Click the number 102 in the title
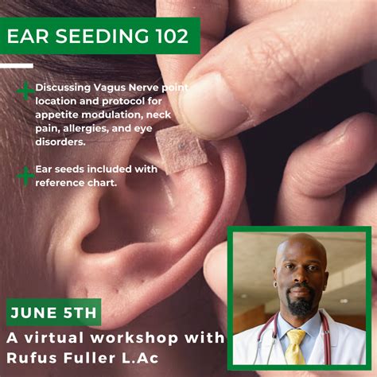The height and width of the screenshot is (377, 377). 166,37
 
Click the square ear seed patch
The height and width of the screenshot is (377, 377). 181,146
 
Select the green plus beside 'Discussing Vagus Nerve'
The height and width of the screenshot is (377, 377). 25,91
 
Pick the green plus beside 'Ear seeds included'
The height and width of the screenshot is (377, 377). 25,175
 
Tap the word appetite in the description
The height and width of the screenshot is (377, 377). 56,115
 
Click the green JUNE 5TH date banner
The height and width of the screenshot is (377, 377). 52,312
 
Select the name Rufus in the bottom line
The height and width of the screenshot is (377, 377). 30,360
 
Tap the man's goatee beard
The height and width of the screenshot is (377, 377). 301,305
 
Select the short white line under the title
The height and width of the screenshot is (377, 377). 17,65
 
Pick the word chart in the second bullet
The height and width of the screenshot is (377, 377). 103,184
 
